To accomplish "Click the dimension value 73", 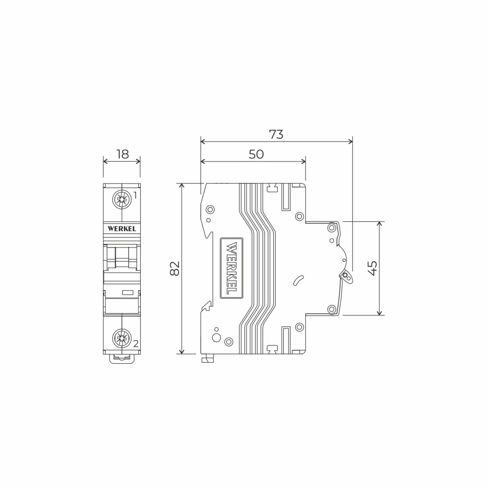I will pos(276,135).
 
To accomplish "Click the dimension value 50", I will pos(256,154).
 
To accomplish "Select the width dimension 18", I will pos(122,154).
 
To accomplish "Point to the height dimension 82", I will pos(175,268).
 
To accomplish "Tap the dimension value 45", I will pos(373,268).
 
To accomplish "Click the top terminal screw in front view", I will pos(122,199).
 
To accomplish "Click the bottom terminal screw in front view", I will pos(122,338).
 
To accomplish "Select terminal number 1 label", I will pos(135,196).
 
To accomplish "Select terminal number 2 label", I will pos(135,344).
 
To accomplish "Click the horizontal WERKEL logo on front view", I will pos(122,228).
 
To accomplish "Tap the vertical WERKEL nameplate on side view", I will pos(231,268).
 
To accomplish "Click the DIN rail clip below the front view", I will pos(122,359).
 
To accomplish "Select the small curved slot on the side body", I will pos(298,280).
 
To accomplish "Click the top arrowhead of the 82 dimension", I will pos(182,186).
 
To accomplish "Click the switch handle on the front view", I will pos(122,257).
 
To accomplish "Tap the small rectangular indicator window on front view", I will pos(128,292).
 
